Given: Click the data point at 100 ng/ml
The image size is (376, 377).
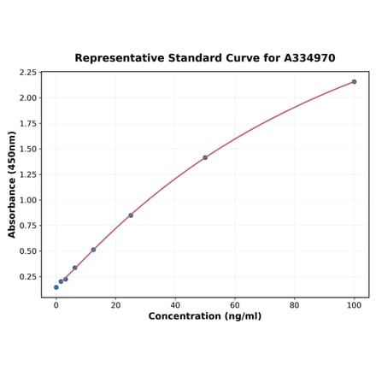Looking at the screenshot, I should tap(354, 82).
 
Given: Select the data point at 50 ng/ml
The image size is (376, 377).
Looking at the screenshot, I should tap(205, 157).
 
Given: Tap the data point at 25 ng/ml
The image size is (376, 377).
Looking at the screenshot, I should tap(131, 215).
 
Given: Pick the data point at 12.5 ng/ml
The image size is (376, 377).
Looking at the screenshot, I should tap(93, 250).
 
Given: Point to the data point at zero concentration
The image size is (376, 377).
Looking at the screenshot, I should tap(56, 287).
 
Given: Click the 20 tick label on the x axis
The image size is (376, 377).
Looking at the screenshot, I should tap(115, 304).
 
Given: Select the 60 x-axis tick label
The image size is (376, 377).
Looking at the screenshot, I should tap(235, 304).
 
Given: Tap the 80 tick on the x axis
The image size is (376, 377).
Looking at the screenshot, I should tap(294, 304).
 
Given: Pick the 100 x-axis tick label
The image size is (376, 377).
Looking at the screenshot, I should tap(354, 304).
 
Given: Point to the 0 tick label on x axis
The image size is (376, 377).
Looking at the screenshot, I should tap(56, 304).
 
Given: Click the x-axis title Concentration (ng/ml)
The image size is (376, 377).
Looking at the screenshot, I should tap(205, 316).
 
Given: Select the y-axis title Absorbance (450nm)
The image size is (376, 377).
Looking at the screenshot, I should tap(12, 184).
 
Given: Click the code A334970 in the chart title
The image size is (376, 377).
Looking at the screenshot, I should tap(305, 58).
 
